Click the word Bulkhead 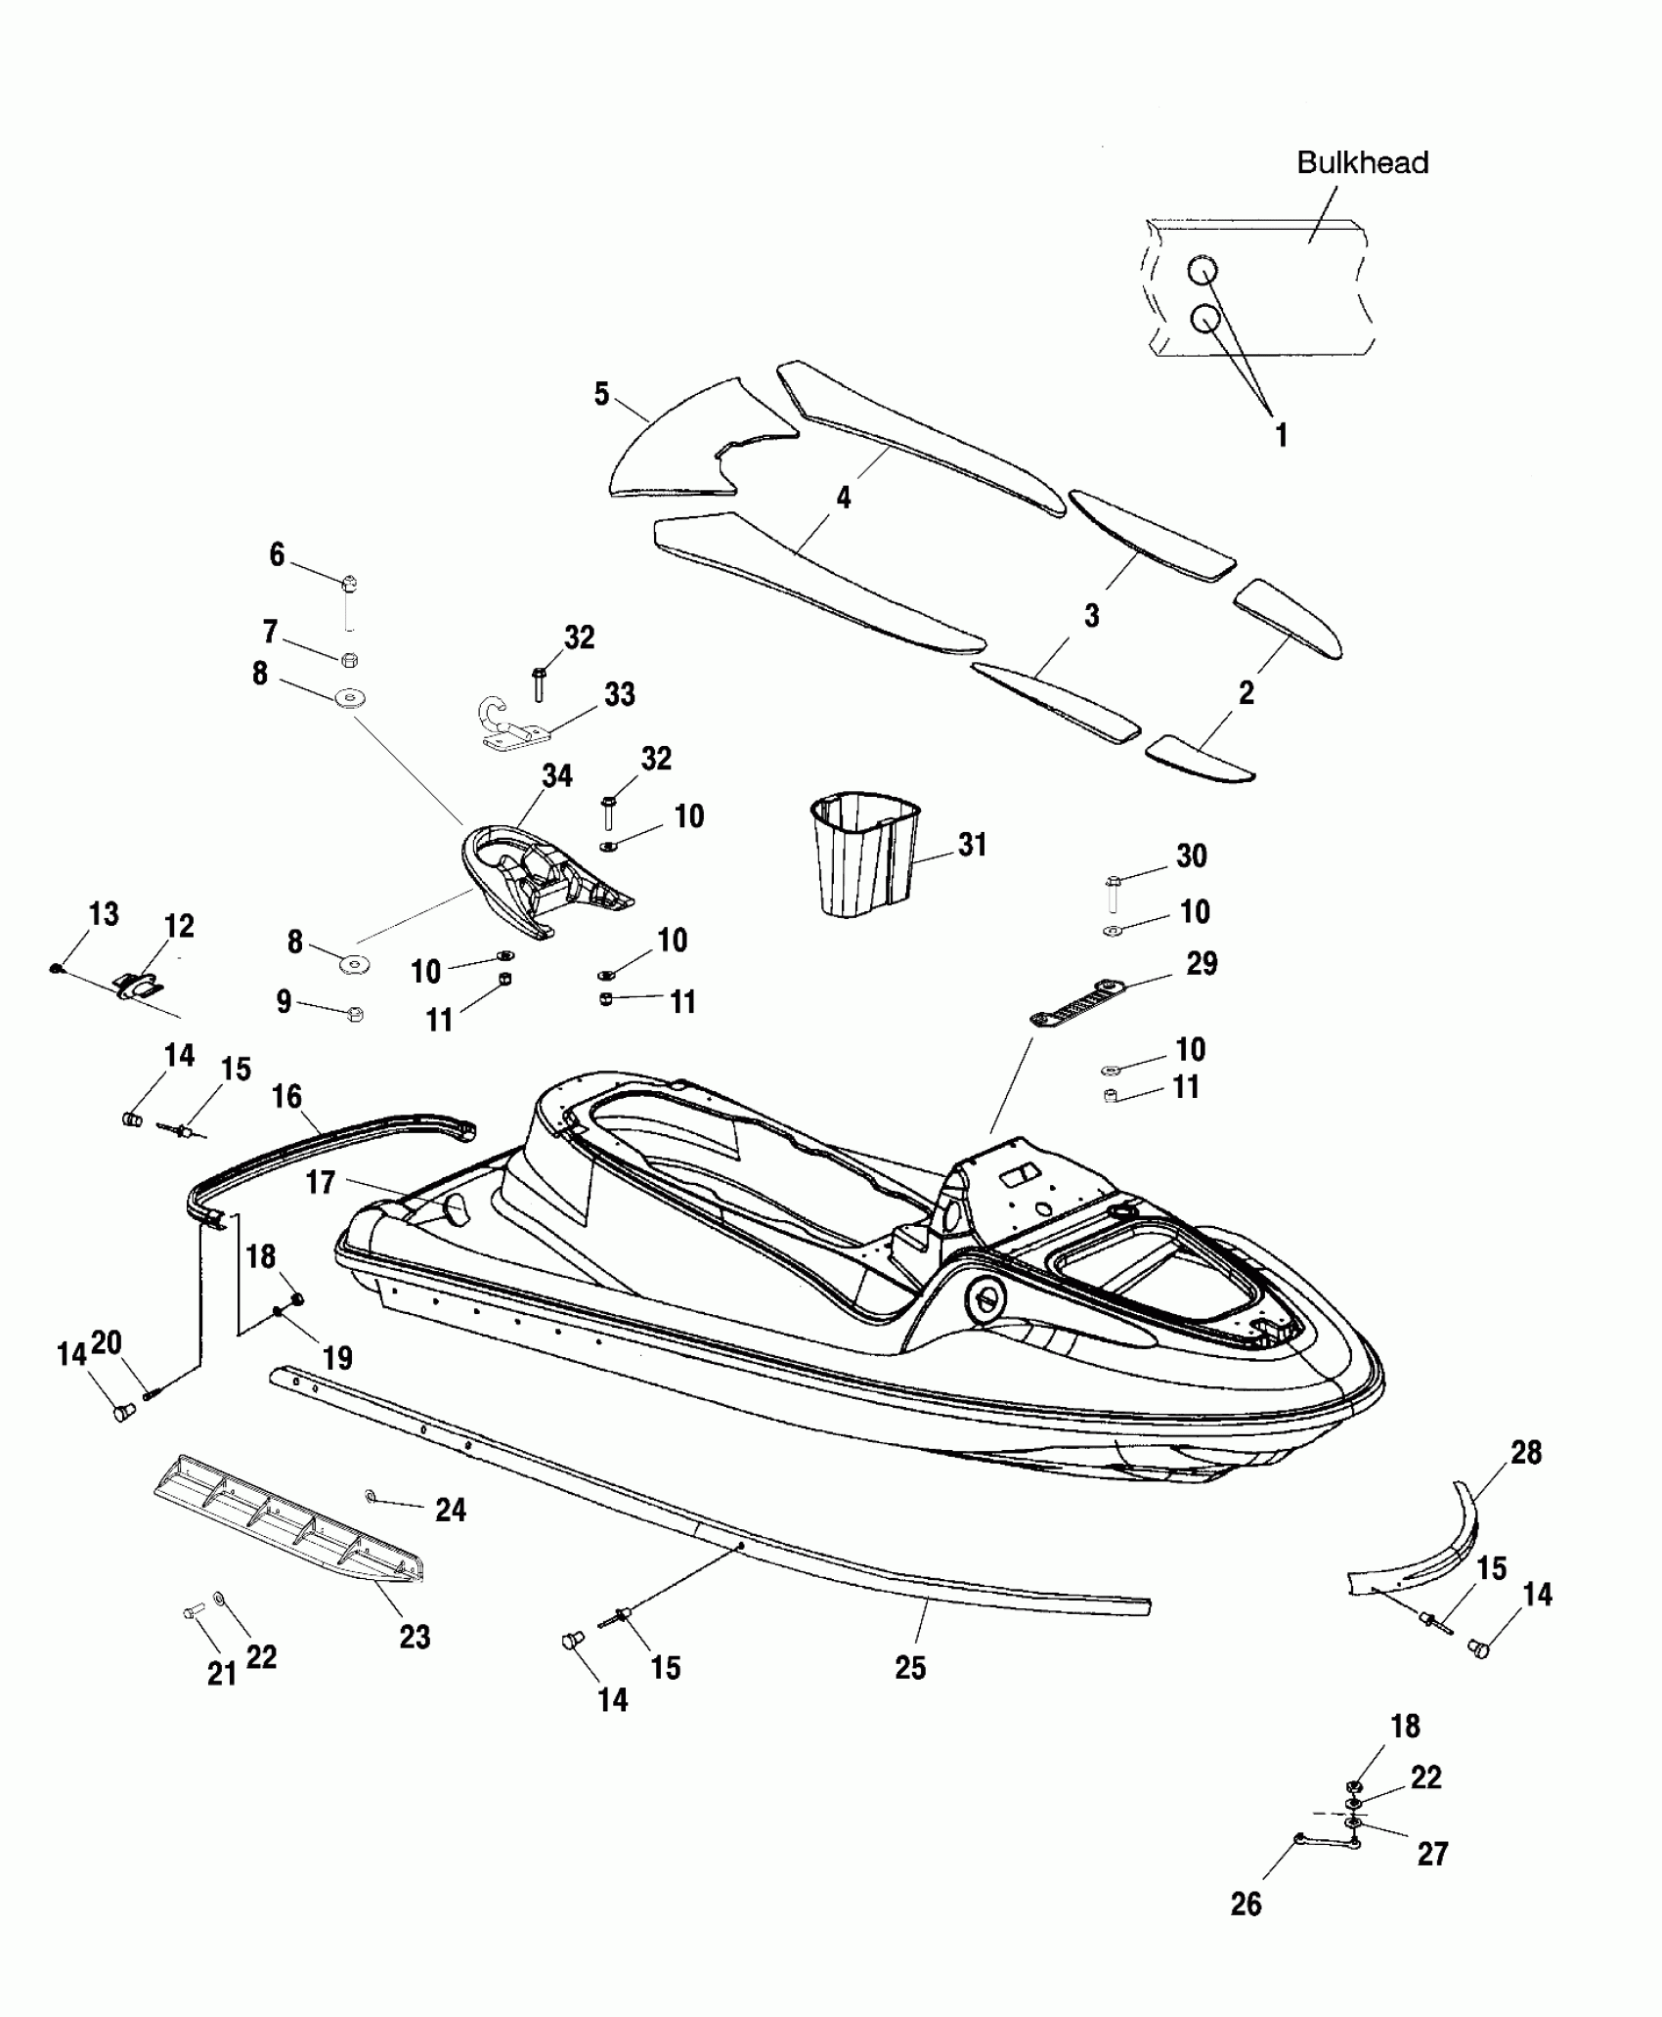click(1362, 162)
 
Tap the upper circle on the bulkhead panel click(1203, 271)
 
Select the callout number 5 click(601, 394)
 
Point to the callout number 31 click(972, 844)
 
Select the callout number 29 click(1202, 963)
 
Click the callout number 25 click(909, 1667)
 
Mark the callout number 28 click(1526, 1452)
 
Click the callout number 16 click(286, 1097)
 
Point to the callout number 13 click(104, 914)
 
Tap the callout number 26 click(1246, 1904)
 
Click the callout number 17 click(321, 1182)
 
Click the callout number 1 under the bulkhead click(1281, 435)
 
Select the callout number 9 click(284, 1002)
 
